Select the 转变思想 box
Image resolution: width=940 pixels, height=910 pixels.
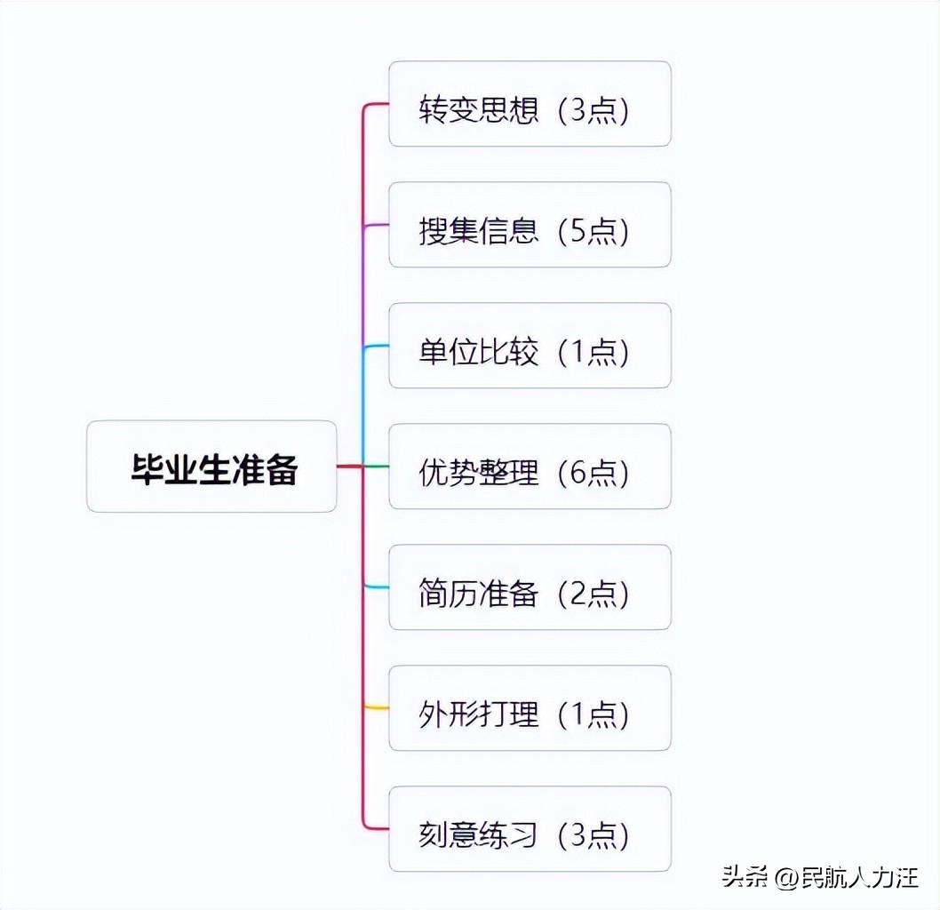click(x=530, y=104)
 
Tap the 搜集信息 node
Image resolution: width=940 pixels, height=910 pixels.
click(x=530, y=225)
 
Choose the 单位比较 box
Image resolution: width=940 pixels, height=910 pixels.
click(x=530, y=346)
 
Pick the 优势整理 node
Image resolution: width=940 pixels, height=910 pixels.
click(x=530, y=467)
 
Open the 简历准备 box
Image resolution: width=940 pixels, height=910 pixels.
click(x=530, y=587)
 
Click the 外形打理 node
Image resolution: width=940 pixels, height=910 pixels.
click(x=530, y=708)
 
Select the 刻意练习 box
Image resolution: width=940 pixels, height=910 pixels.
click(x=530, y=829)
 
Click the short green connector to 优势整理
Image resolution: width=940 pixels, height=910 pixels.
click(x=377, y=467)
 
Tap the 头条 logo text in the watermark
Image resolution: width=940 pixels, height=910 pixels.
click(x=745, y=879)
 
